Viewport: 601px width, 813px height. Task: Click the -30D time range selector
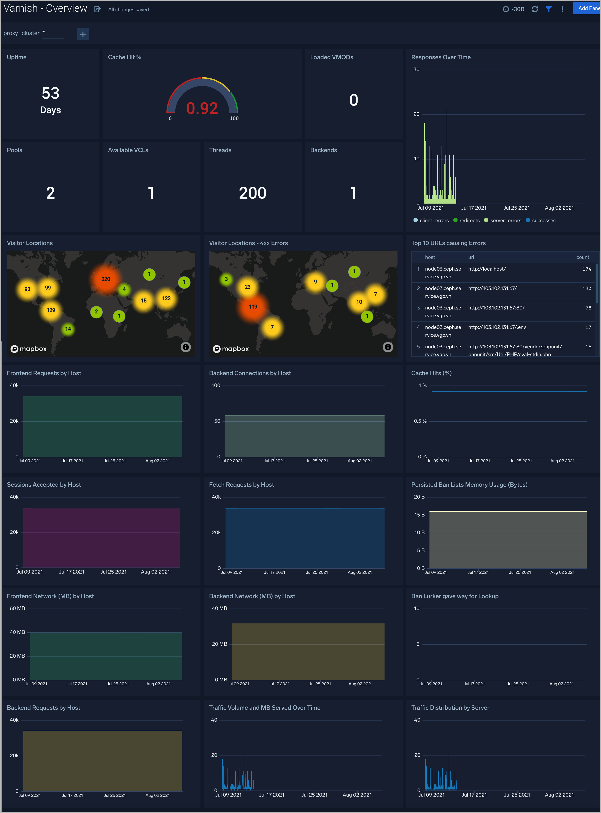point(514,9)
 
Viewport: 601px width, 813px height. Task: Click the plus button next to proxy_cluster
point(83,34)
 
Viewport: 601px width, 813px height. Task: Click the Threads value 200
point(253,193)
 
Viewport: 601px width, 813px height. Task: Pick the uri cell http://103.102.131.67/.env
point(497,327)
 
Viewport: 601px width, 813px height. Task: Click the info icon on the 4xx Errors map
point(388,347)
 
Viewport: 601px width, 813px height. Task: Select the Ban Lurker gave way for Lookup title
point(455,596)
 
